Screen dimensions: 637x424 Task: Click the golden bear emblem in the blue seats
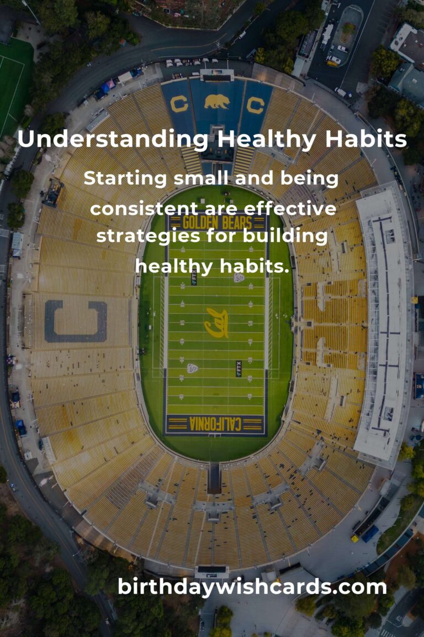[216, 102]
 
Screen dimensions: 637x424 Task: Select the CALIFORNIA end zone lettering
[216, 424]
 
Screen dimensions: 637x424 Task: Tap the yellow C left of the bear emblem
[179, 104]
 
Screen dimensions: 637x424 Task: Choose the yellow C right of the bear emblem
[255, 104]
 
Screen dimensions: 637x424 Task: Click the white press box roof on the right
[385, 326]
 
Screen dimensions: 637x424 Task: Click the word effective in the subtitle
[290, 209]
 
